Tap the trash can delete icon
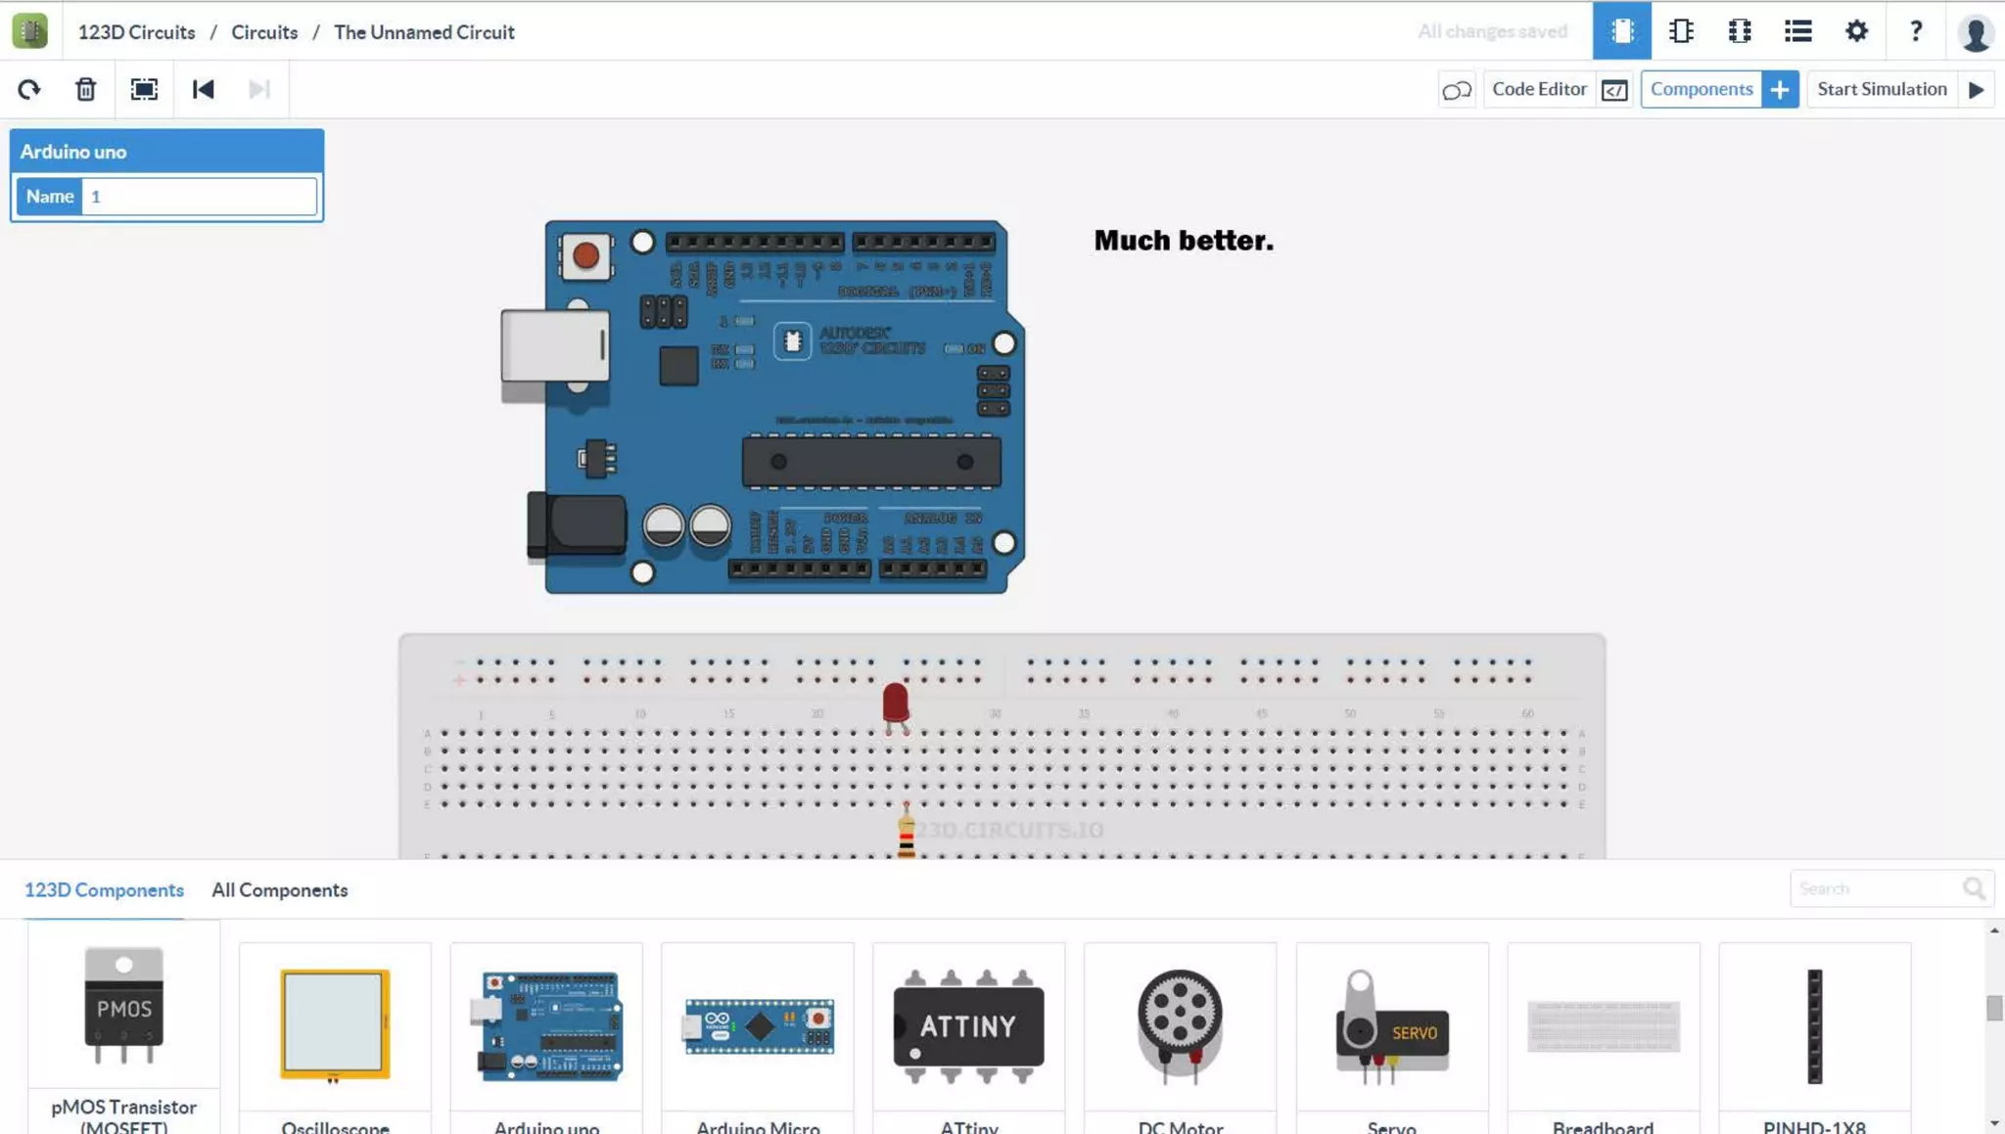pyautogui.click(x=86, y=89)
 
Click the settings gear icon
pyautogui.click(x=1856, y=31)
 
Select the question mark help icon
pyautogui.click(x=1916, y=31)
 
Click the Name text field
pyautogui.click(x=199, y=197)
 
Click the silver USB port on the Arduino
pyautogui.click(x=554, y=345)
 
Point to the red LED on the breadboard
pyautogui.click(x=895, y=703)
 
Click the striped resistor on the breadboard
pyautogui.click(x=907, y=835)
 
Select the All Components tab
pyautogui.click(x=279, y=890)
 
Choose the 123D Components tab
pyautogui.click(x=104, y=890)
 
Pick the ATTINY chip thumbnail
pyautogui.click(x=968, y=1025)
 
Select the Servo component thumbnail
pyautogui.click(x=1391, y=1027)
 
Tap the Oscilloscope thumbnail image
pyautogui.click(x=335, y=1023)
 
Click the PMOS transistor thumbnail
pyautogui.click(x=123, y=1006)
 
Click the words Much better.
pyautogui.click(x=1184, y=241)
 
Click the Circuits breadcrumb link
pyautogui.click(x=264, y=32)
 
